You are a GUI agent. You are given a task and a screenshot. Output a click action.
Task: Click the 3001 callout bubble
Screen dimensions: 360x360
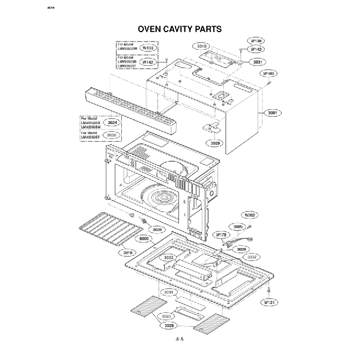(x=273, y=112)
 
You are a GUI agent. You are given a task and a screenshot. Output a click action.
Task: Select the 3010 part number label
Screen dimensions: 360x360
(x=202, y=46)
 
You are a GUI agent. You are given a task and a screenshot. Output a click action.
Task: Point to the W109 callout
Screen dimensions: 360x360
(x=269, y=73)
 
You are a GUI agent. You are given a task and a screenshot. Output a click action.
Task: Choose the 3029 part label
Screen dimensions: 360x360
(x=216, y=143)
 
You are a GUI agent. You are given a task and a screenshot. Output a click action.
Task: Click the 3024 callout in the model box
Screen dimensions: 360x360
(x=112, y=122)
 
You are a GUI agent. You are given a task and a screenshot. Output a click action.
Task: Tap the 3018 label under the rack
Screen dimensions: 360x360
(x=127, y=253)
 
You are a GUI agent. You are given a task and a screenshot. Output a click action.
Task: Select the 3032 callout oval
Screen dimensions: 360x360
(x=169, y=258)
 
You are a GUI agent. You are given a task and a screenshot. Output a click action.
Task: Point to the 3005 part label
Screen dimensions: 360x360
(x=238, y=227)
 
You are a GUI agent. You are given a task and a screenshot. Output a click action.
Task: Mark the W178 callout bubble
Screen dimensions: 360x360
(x=220, y=235)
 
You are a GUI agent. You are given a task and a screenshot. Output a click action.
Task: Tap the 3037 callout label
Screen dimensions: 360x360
(x=252, y=257)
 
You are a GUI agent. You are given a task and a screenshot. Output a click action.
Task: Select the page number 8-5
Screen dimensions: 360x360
(x=179, y=339)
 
